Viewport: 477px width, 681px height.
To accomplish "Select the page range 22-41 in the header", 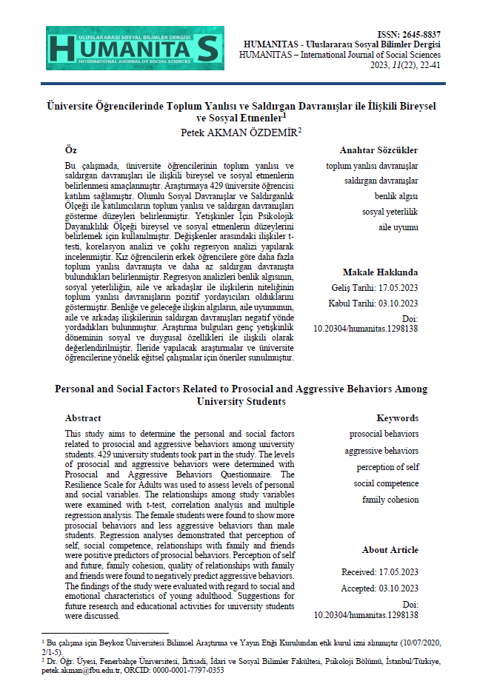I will (x=427, y=65).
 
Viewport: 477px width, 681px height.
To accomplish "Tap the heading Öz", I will (x=70, y=150).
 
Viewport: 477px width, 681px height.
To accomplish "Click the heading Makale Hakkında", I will (x=380, y=272).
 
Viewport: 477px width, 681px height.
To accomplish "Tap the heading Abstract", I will (x=83, y=417).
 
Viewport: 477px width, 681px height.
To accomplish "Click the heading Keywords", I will (x=397, y=417).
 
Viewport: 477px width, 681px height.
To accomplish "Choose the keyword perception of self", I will (x=387, y=467).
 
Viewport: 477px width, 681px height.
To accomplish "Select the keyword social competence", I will (x=386, y=483).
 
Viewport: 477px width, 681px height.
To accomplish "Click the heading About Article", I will (x=390, y=550).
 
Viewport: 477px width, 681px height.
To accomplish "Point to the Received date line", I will (x=379, y=572).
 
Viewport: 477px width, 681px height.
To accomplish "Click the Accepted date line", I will (x=379, y=588).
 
